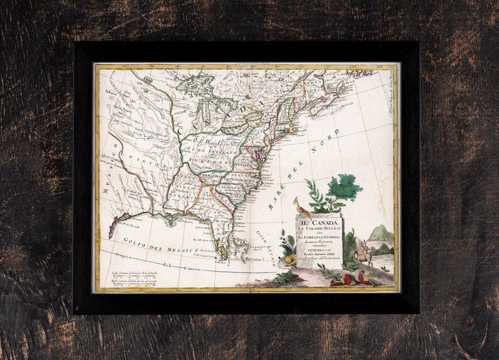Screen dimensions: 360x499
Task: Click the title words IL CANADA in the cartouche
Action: tap(319, 217)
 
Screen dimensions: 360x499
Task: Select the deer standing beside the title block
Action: tap(363, 254)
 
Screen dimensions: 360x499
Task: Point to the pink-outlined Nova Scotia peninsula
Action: tap(323, 104)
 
